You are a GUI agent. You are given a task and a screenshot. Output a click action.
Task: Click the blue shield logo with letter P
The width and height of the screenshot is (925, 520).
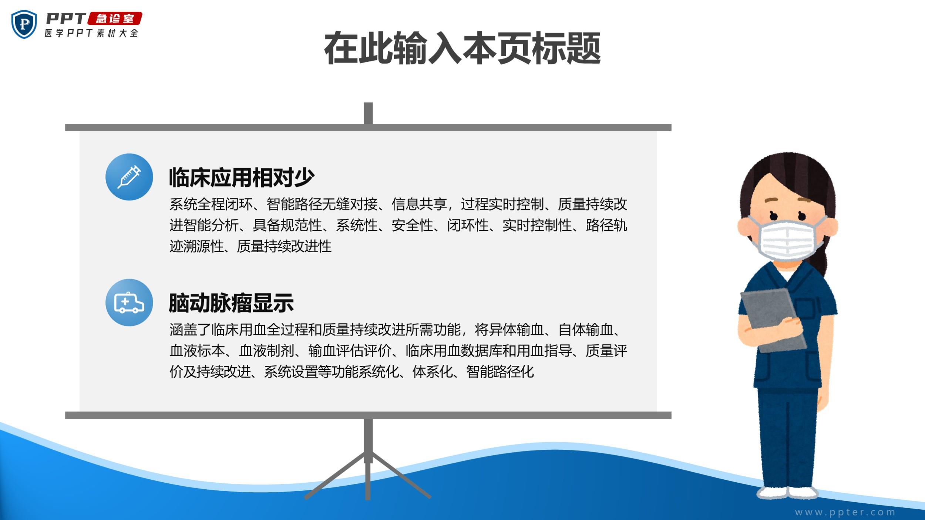pos(24,24)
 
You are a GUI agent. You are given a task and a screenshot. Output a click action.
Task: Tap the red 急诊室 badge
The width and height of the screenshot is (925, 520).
pos(115,18)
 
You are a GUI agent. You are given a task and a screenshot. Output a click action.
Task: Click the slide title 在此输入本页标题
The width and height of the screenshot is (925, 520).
pos(462,48)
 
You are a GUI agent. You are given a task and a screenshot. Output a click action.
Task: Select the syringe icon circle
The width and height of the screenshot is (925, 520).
pos(129,177)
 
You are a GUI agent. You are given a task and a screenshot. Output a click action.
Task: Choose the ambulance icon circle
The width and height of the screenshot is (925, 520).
pos(129,302)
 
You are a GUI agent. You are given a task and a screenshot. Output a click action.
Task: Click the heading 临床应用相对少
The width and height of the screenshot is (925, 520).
pos(242,178)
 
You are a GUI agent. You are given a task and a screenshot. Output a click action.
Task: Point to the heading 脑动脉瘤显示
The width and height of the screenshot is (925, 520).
pos(231,303)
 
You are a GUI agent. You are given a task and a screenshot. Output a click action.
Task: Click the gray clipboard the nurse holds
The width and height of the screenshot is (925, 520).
pos(773,320)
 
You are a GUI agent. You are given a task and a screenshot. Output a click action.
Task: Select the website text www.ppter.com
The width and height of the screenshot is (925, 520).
pos(845,512)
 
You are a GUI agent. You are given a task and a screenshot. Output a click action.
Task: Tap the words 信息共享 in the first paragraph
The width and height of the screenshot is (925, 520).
pos(419,204)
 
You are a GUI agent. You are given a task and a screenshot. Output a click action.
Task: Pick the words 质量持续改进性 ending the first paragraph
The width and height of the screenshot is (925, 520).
pos(284,246)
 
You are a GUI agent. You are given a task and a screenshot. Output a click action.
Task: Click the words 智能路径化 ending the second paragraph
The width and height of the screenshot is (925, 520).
pos(500,372)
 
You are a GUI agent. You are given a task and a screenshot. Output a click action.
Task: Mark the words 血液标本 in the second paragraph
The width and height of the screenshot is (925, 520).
pos(197,351)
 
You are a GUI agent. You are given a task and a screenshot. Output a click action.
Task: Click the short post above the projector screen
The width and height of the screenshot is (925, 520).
pos(368,113)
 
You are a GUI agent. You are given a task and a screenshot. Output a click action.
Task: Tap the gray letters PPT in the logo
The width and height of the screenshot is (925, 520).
pos(66,18)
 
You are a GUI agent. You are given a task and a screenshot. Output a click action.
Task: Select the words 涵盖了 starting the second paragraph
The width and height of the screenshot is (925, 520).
pos(190,330)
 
